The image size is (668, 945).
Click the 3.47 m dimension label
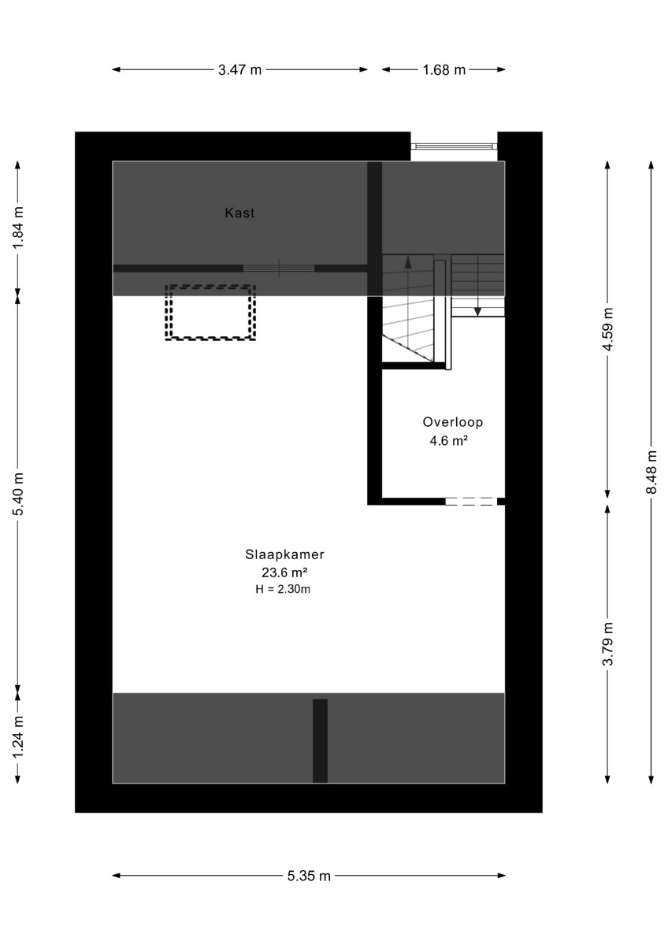click(x=239, y=69)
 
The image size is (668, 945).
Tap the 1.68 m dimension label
click(x=444, y=69)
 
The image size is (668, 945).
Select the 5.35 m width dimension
click(x=309, y=876)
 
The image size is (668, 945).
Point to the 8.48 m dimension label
click(x=651, y=472)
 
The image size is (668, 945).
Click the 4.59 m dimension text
click(x=607, y=329)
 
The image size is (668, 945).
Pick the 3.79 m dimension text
click(x=607, y=644)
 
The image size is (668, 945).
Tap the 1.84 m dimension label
click(x=17, y=228)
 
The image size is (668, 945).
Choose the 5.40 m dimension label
click(x=17, y=494)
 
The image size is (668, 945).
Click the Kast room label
click(x=239, y=213)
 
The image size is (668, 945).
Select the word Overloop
click(x=453, y=422)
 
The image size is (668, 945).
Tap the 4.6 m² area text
click(x=448, y=441)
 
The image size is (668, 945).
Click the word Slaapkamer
click(x=285, y=554)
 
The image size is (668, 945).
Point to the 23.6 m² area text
click(x=284, y=573)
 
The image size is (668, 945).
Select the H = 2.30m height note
click(x=283, y=589)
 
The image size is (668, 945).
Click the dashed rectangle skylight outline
click(x=210, y=286)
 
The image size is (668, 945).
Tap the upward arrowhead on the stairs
click(x=407, y=262)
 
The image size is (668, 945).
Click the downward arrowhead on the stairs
click(x=477, y=311)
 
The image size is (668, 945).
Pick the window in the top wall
click(x=454, y=146)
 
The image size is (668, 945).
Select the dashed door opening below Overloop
click(x=471, y=501)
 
